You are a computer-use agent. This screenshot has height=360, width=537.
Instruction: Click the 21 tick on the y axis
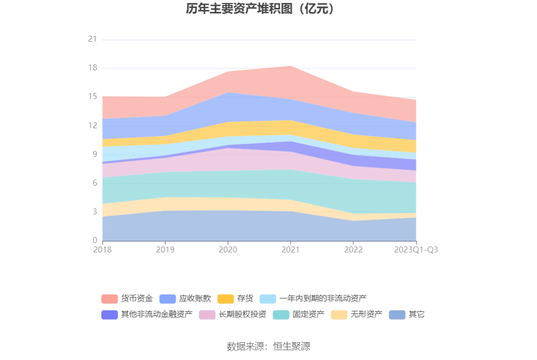[92, 40]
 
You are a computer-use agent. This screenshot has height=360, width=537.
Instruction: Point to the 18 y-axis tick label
[92, 68]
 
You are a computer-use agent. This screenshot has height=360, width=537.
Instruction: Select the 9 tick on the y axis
[94, 154]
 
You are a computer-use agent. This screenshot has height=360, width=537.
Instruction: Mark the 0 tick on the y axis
[94, 241]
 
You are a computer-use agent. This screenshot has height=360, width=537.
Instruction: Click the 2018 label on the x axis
[103, 250]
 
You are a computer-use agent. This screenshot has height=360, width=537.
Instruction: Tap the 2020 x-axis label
[227, 250]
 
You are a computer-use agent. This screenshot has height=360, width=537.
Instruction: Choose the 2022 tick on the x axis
[353, 250]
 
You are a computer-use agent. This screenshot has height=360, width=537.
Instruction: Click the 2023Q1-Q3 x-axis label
[416, 250]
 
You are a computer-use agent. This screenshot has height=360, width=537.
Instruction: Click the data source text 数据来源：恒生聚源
[268, 346]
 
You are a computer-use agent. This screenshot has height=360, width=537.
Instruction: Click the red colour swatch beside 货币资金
[109, 299]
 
